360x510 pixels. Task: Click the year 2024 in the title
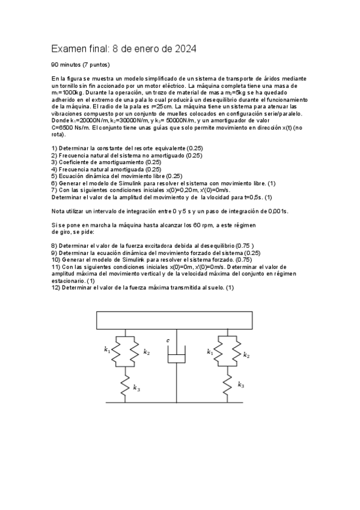coord(183,48)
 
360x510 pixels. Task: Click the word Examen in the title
coord(69,48)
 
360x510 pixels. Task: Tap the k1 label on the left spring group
coord(107,349)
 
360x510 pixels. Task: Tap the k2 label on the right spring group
coord(246,355)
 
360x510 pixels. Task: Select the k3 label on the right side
coord(240,384)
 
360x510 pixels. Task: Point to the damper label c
coord(168,341)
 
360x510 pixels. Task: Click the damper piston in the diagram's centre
coord(176,359)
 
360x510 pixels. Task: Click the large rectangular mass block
coord(176,319)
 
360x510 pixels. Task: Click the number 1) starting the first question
coord(54,148)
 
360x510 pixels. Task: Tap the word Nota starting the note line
coord(58,211)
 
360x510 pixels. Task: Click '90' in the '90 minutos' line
coord(55,64)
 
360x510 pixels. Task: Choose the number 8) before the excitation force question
coord(54,245)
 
